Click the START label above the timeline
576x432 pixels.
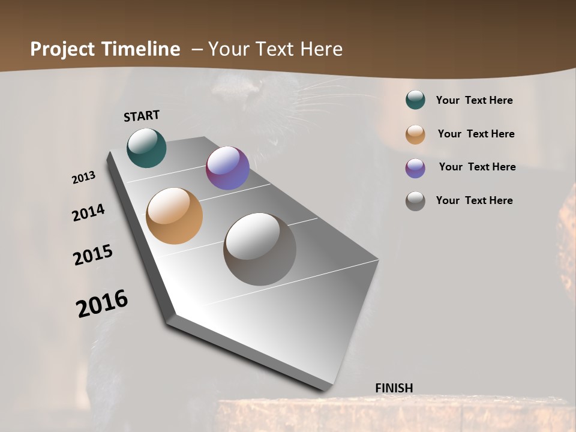tap(142, 116)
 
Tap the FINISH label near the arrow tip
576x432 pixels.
tap(394, 388)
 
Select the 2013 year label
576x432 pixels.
tap(84, 178)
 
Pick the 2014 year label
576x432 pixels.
tap(89, 212)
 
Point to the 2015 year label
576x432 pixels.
tap(93, 255)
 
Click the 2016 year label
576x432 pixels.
tap(102, 304)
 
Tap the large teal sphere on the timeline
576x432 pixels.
tap(146, 148)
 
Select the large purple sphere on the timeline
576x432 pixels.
tap(227, 168)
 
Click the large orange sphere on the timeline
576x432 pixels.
tap(174, 216)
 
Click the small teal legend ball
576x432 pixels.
tap(415, 100)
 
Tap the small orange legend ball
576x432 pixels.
tap(415, 134)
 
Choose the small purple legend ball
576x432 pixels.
tap(415, 168)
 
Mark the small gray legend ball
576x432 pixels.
tap(415, 201)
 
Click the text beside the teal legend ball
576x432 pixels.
tap(475, 100)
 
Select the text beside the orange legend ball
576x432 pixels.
tap(476, 134)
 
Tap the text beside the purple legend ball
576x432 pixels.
tap(477, 167)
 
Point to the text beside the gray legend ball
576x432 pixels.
tap(475, 200)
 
